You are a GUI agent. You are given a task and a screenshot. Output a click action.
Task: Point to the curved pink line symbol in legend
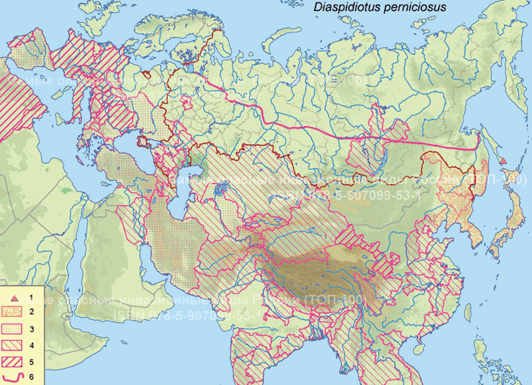(13, 378)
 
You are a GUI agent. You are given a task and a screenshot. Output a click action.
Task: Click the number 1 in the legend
(30, 296)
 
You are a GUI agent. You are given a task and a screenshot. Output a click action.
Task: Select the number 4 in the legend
(30, 346)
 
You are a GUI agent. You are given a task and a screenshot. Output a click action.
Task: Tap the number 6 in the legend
(30, 378)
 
